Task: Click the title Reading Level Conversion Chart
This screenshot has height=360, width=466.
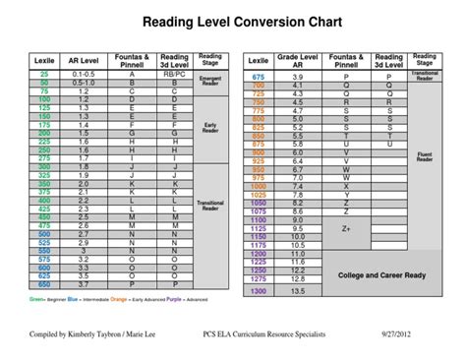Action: click(233, 22)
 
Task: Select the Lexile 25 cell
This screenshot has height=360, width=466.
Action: click(44, 74)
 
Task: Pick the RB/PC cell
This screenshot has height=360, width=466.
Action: click(174, 74)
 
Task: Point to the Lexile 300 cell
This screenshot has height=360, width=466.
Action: click(44, 167)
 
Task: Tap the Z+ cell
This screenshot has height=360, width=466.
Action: click(346, 228)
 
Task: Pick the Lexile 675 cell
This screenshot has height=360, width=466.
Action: click(259, 75)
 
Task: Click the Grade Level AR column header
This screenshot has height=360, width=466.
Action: click(297, 60)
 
